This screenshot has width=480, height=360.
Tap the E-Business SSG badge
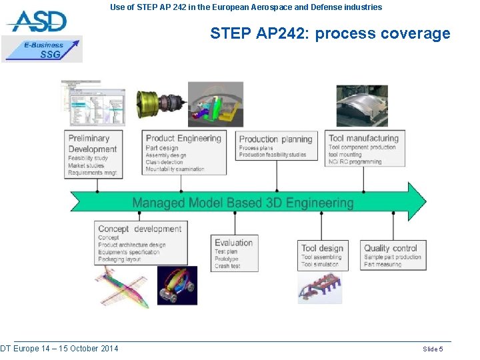[43, 49]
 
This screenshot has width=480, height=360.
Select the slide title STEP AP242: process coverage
[330, 33]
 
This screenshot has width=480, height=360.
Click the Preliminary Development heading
[92, 143]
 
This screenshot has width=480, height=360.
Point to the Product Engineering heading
[183, 138]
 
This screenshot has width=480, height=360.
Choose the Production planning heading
[275, 139]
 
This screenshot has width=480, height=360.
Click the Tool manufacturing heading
[363, 138]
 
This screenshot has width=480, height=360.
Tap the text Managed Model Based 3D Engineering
[243, 203]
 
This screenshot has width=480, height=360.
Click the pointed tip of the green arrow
[424, 202]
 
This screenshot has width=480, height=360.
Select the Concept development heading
[139, 229]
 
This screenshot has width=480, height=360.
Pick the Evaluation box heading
[233, 242]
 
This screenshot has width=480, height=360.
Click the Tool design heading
[322, 248]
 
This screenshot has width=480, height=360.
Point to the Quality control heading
[391, 248]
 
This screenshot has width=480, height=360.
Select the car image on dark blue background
[177, 285]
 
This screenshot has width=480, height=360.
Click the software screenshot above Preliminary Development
[93, 103]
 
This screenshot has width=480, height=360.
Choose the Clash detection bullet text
[164, 162]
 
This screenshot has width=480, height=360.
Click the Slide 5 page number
[433, 349]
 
